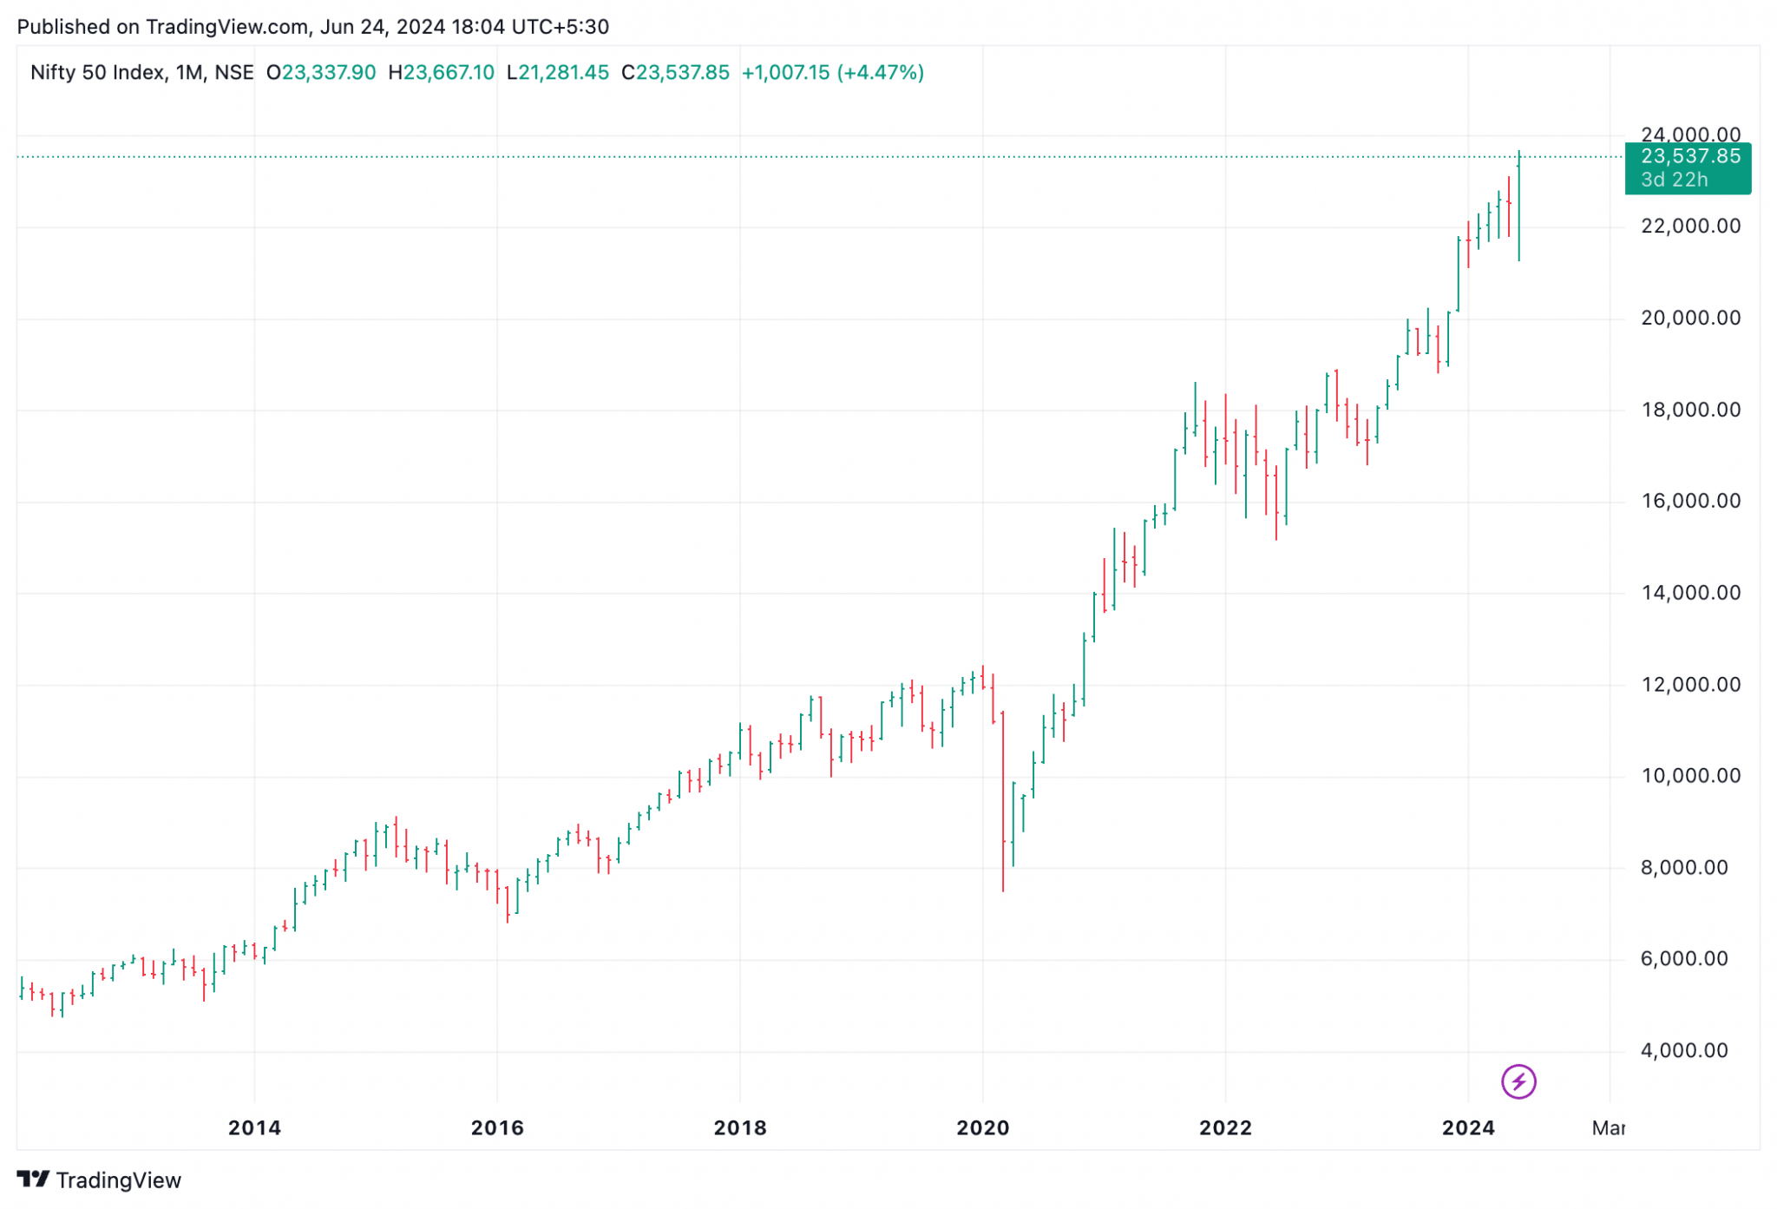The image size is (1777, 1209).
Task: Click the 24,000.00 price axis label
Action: point(1689,135)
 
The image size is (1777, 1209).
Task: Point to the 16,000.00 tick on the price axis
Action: point(1689,501)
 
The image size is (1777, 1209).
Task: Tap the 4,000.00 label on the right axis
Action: point(1683,1050)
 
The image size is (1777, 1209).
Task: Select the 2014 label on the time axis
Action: point(254,1127)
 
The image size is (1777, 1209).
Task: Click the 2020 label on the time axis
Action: point(982,1127)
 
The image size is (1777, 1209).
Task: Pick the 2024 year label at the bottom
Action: point(1467,1127)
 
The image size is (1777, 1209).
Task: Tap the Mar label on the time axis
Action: point(1608,1127)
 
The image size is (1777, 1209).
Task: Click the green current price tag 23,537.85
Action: point(1689,156)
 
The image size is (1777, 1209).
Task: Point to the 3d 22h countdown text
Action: point(1674,180)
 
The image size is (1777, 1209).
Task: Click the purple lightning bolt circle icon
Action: point(1518,1081)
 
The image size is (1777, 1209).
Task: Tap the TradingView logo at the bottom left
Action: point(99,1179)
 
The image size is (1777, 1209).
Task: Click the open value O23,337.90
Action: point(321,72)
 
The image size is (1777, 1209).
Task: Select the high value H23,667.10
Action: point(441,72)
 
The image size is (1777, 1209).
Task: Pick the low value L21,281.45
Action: point(558,72)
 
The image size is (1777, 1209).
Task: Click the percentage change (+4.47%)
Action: point(880,72)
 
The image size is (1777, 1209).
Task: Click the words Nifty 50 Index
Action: point(97,72)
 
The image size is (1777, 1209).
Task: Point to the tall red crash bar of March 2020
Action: point(1002,798)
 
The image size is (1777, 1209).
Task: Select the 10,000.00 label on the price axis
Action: point(1689,775)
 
